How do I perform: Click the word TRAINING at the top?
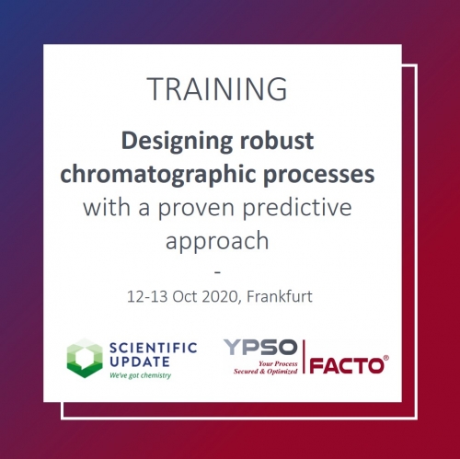coord(217,89)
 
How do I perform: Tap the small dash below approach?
coord(217,271)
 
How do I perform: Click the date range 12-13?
coord(149,296)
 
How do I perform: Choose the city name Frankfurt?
coord(276,296)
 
